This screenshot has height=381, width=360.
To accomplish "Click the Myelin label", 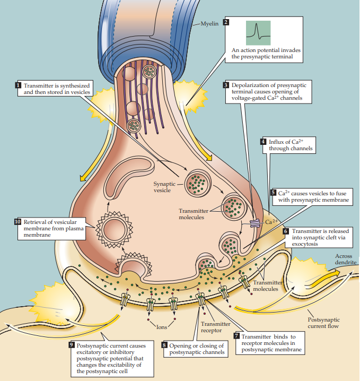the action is (209, 23).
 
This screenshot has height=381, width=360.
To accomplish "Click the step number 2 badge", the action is (226, 22).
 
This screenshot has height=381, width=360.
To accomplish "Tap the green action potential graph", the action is (258, 33).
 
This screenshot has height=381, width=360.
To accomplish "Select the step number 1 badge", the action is (19, 85).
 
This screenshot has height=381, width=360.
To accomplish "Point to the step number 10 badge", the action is (17, 222).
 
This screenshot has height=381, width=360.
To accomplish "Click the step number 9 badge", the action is (72, 345).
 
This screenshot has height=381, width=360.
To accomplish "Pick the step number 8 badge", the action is (164, 345).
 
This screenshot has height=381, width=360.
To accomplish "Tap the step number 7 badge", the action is (236, 336).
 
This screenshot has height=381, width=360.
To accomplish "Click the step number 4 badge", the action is (264, 142).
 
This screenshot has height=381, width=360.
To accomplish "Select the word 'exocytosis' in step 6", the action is (305, 244).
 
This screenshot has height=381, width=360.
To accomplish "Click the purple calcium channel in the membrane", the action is (255, 223).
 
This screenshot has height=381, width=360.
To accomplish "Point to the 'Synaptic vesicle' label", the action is (164, 187).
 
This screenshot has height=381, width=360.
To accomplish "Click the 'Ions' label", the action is (162, 327).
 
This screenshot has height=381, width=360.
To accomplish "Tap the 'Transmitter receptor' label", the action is (216, 327).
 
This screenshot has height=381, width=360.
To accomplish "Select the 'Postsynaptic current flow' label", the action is (323, 323).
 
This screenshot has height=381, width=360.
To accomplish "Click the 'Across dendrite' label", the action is (346, 259).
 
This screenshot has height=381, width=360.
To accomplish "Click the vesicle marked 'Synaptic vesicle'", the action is (198, 183).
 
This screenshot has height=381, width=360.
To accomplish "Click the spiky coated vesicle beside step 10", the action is (115, 230).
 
